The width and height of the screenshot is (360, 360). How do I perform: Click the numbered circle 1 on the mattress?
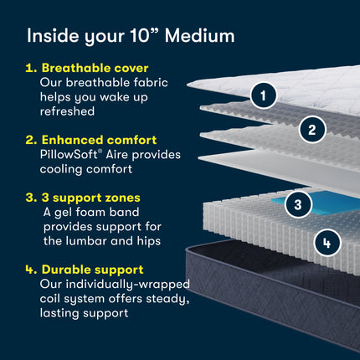click(x=264, y=96)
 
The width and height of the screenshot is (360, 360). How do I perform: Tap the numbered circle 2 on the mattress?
click(x=311, y=129)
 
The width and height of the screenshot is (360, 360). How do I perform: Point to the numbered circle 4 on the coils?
click(x=327, y=244)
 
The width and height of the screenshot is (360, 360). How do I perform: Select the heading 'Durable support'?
click(x=93, y=269)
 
